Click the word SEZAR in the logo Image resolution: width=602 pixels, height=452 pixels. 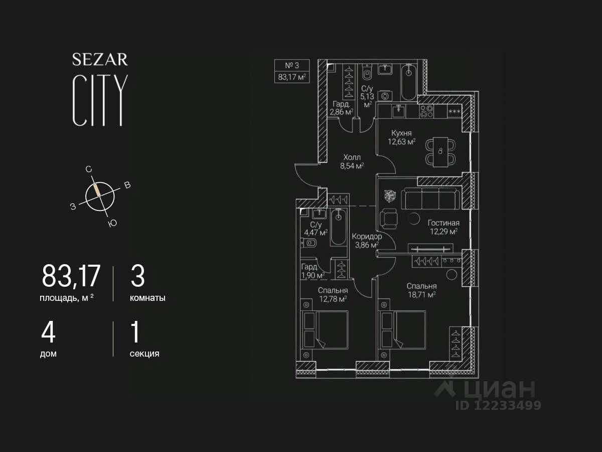pos(100,60)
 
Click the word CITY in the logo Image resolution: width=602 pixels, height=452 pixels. pos(100,100)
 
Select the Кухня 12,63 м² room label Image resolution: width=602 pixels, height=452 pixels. pos(401,137)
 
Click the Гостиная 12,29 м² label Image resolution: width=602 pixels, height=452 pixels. pos(443,227)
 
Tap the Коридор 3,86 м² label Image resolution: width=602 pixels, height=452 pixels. pos(367,241)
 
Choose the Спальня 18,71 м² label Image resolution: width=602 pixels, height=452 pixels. pos(421,290)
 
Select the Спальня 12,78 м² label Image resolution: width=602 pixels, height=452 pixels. pos(333,295)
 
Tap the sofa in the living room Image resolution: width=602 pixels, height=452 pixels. pos(432,198)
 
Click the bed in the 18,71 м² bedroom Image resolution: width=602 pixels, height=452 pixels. pos(404,329)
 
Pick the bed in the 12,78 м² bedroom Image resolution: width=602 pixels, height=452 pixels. pos(326,329)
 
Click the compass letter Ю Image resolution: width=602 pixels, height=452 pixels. pos(112,223)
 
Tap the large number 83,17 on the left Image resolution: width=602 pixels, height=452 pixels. pos(71,277)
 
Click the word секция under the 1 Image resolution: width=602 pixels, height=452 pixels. pos(144,354)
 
